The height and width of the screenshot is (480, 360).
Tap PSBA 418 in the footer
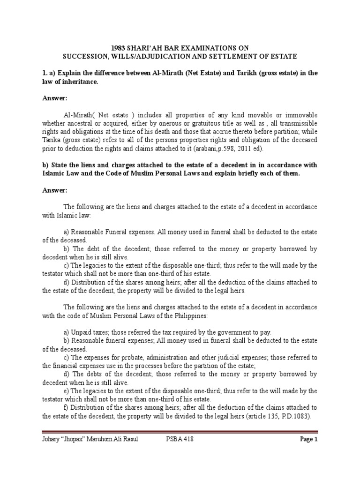pyautogui.click(x=180, y=439)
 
